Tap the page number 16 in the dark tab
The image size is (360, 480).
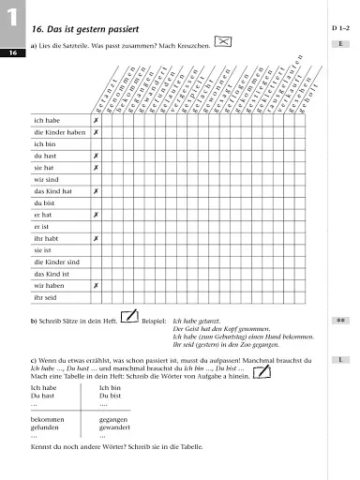click(x=15, y=54)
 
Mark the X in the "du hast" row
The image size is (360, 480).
click(x=96, y=156)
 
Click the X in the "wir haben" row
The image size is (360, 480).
click(x=96, y=285)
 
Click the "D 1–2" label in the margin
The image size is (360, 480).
click(x=339, y=30)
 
